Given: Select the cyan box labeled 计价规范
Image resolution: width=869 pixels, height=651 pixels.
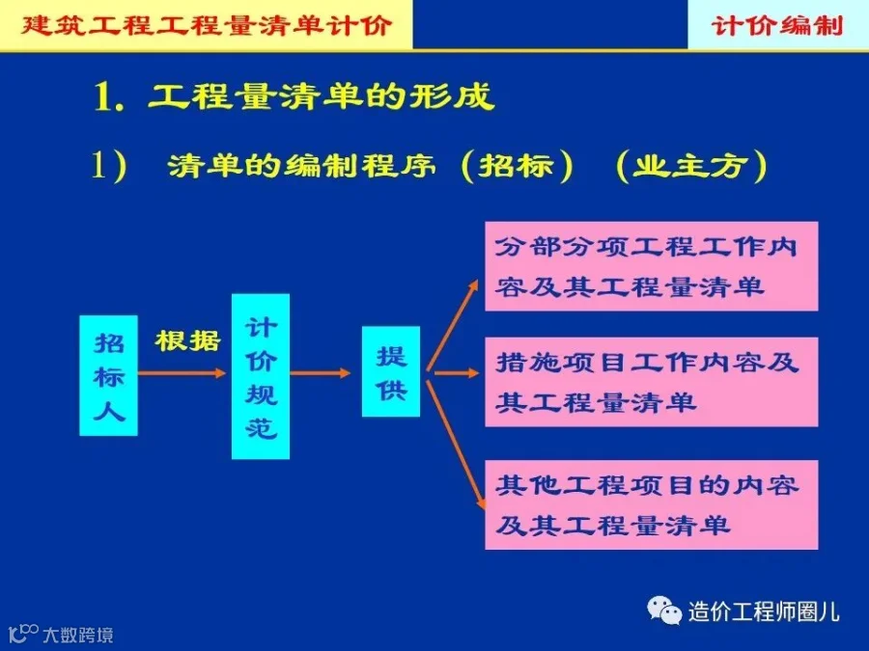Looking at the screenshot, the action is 261,376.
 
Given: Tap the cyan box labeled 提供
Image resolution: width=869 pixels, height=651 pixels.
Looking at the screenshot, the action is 391,372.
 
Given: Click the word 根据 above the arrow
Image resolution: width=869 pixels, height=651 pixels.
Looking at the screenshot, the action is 188,340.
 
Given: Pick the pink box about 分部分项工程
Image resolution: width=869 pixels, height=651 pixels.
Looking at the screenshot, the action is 651,266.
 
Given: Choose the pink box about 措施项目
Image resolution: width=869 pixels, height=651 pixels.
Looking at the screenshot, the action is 651,382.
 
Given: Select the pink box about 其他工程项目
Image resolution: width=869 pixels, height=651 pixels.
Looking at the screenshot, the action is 651,504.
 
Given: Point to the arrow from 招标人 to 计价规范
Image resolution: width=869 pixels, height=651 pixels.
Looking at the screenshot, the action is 183,372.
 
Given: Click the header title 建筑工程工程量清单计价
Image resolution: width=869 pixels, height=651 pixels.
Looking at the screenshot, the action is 207,24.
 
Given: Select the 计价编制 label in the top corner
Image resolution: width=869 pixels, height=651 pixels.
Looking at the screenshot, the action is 777,24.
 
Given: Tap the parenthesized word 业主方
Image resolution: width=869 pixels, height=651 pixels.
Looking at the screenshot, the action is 689,166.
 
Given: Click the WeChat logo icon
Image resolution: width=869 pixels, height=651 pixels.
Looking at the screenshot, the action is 664,610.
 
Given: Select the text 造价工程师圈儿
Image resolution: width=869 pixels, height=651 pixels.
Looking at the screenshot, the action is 763,610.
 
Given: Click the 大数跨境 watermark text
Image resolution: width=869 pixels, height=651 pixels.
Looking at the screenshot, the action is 77,635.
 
